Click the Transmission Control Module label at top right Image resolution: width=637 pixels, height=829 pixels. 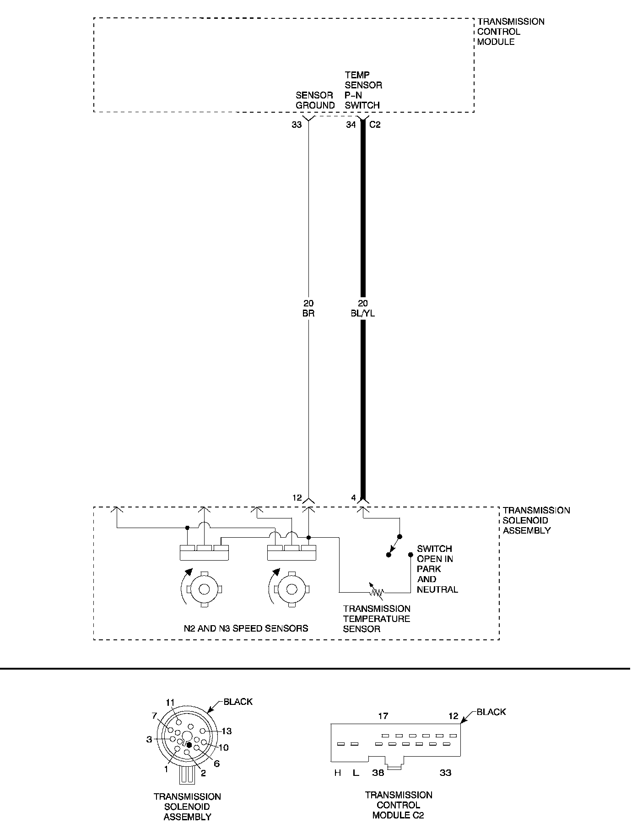pos(511,32)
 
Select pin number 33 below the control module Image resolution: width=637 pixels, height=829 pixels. pos(297,125)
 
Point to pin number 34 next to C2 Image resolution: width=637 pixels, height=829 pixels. pos(351,125)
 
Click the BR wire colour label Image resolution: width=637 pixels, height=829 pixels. pos(308,314)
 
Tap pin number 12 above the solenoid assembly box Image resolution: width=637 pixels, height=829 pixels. pos(297,497)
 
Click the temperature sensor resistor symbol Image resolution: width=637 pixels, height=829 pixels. pos(377,592)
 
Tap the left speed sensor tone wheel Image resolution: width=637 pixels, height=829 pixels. pos(204,589)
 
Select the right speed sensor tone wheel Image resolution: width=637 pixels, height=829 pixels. pos(292,589)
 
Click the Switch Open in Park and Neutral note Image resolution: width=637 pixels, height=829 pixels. pos(437,569)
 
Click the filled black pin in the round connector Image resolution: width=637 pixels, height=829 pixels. pos(189,745)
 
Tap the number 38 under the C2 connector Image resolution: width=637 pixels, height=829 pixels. pos(378,773)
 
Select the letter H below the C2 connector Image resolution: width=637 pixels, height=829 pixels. pos(338,773)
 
